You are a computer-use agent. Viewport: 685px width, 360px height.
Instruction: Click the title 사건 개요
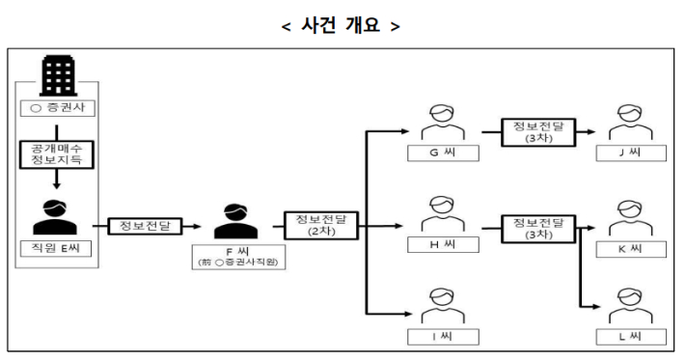pos(342,24)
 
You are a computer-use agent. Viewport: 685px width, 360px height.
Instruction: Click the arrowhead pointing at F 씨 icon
pos(198,227)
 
